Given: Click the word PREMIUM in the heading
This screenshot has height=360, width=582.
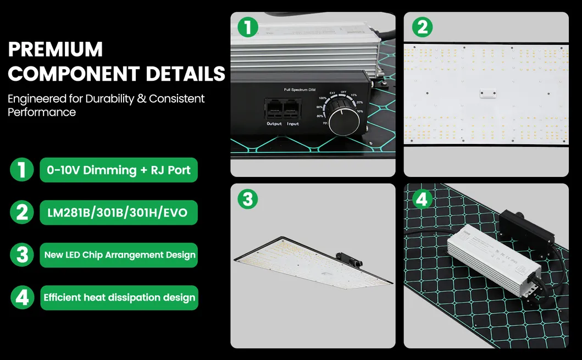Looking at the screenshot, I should pos(55,49).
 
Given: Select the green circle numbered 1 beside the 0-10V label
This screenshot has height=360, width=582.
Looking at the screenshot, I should pos(21,170).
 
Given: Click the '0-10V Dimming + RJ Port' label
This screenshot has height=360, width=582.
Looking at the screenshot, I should pos(119,170).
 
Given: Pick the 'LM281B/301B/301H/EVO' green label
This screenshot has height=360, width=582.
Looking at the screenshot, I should pos(118,212).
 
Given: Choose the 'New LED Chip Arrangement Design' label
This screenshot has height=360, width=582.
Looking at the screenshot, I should pos(119,255).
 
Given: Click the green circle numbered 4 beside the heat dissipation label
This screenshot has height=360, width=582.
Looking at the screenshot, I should pos(21,297).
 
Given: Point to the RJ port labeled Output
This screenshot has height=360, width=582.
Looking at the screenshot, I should pos(274,109).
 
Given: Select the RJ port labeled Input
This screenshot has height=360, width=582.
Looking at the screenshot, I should pos(293,109).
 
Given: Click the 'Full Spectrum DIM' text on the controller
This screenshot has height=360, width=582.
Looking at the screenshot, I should pos(300,89).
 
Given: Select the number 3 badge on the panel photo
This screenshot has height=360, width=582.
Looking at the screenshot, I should pos(248,199).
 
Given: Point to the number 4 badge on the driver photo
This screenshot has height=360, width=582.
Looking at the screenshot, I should pos(422,199).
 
